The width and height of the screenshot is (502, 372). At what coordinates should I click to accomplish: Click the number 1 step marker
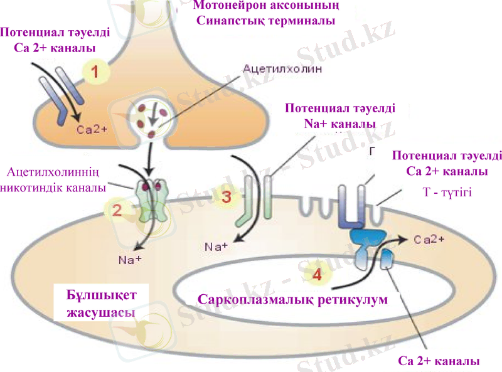click(95, 71)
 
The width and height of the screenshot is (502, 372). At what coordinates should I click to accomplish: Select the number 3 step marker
click(227, 196)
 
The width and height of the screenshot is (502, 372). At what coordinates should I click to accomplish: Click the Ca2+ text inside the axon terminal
click(92, 130)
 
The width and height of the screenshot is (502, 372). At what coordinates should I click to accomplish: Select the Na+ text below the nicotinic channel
click(130, 258)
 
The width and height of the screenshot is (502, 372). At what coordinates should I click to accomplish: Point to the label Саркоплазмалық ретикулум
click(293, 299)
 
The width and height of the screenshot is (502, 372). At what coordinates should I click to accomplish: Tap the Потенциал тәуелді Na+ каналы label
click(339, 115)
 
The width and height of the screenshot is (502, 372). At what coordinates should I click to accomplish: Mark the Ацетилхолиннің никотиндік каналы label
click(53, 179)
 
